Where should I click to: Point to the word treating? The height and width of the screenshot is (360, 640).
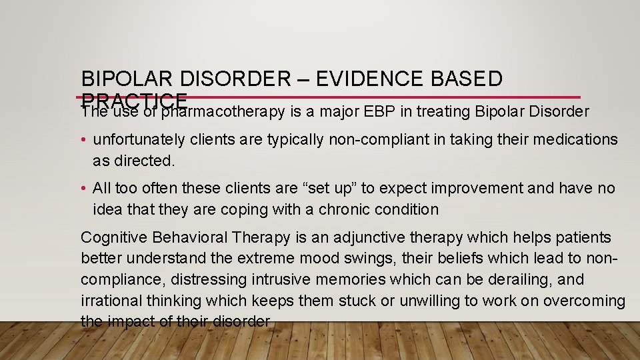pos(436,111)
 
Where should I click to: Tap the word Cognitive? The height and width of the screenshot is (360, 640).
pos(114,238)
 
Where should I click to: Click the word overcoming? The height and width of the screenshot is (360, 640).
pos(584,301)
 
